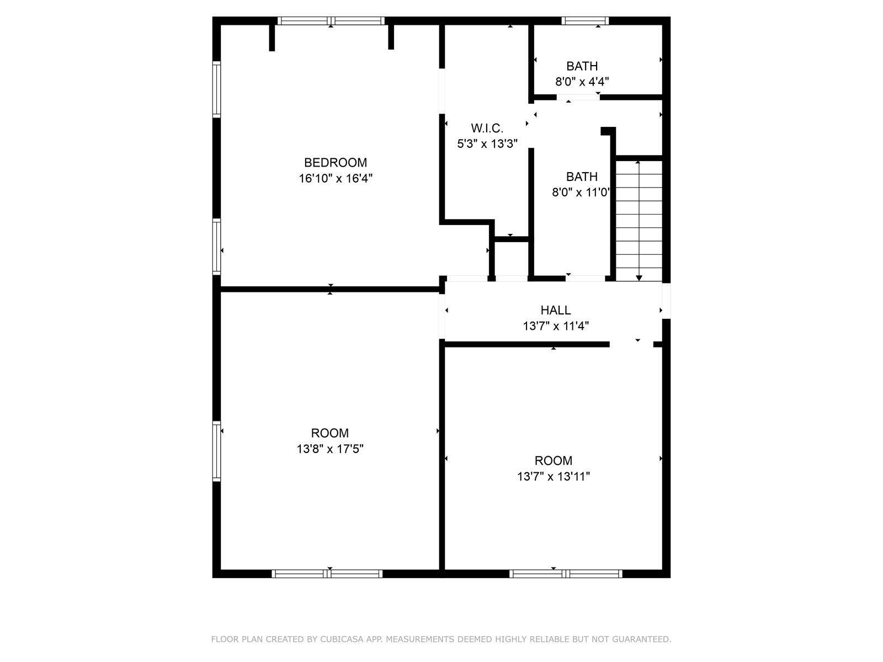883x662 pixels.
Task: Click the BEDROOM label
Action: coord(336,162)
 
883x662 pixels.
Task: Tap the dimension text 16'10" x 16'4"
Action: coord(336,178)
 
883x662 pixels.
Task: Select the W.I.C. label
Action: coord(487,128)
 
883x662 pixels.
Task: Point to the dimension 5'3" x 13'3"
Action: coord(487,143)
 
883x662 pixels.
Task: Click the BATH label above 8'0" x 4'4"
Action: coord(582,66)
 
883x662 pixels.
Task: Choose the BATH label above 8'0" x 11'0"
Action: coord(582,177)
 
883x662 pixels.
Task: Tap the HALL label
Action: coord(556,310)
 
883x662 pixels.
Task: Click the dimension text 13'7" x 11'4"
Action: coord(556,325)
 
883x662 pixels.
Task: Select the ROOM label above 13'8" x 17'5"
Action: coord(330,433)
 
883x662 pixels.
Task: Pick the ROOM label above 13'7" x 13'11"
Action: coord(554,460)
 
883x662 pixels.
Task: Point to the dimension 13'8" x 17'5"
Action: coord(330,449)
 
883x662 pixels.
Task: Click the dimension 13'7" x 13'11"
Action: coord(554,476)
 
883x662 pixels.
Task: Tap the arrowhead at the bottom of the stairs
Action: coord(639,277)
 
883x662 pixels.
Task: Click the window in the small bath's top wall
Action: coord(585,21)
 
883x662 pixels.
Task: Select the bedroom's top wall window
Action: coord(331,21)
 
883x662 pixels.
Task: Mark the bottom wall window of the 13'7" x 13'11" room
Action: coord(566,574)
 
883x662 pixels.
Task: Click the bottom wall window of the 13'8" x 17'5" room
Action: coord(327,574)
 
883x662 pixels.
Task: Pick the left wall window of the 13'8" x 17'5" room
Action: coord(216,451)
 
